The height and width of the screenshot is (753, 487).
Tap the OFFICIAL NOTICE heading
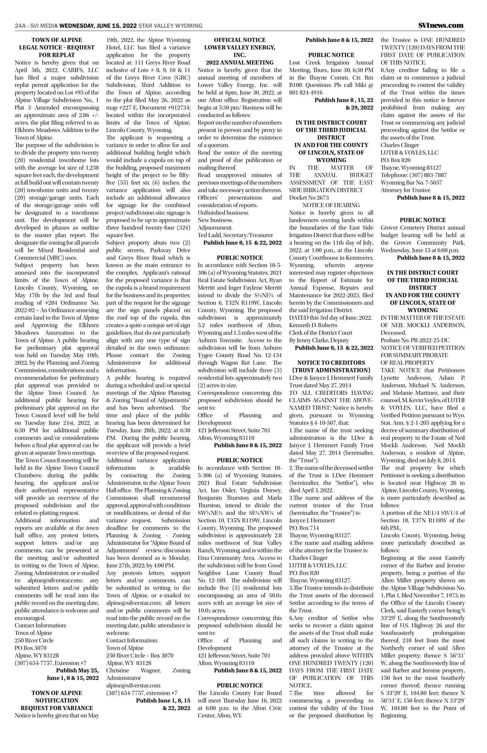[x=240, y=40]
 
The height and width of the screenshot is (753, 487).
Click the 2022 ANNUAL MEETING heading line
[x=240, y=63]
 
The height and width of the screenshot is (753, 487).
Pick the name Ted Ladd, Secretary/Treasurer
[x=235, y=235]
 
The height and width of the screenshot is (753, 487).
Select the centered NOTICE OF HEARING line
[x=331, y=205]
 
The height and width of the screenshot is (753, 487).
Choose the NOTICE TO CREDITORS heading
[x=331, y=363]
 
